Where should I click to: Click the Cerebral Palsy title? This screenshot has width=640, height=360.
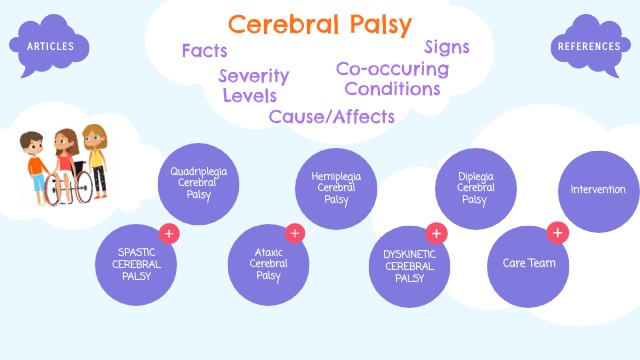coord(320,24)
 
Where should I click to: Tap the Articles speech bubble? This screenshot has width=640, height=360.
coord(49,44)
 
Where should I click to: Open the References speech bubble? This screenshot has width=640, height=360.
coord(589,45)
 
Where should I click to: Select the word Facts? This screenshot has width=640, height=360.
coord(204,50)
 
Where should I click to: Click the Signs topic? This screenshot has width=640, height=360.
coord(446,47)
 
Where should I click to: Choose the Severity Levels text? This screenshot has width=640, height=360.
coord(254,86)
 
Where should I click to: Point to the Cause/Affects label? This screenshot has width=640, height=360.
coord(331,117)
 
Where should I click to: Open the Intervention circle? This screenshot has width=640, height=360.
coord(598,190)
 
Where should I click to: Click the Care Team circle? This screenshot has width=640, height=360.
coord(527,264)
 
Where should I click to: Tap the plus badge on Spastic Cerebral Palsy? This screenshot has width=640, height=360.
coord(169,233)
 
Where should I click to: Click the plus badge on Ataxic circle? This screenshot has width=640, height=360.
coord(294,233)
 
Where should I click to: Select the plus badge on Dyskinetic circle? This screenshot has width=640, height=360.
coord(435,233)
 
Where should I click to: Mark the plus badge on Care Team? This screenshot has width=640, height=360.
coord(558,233)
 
